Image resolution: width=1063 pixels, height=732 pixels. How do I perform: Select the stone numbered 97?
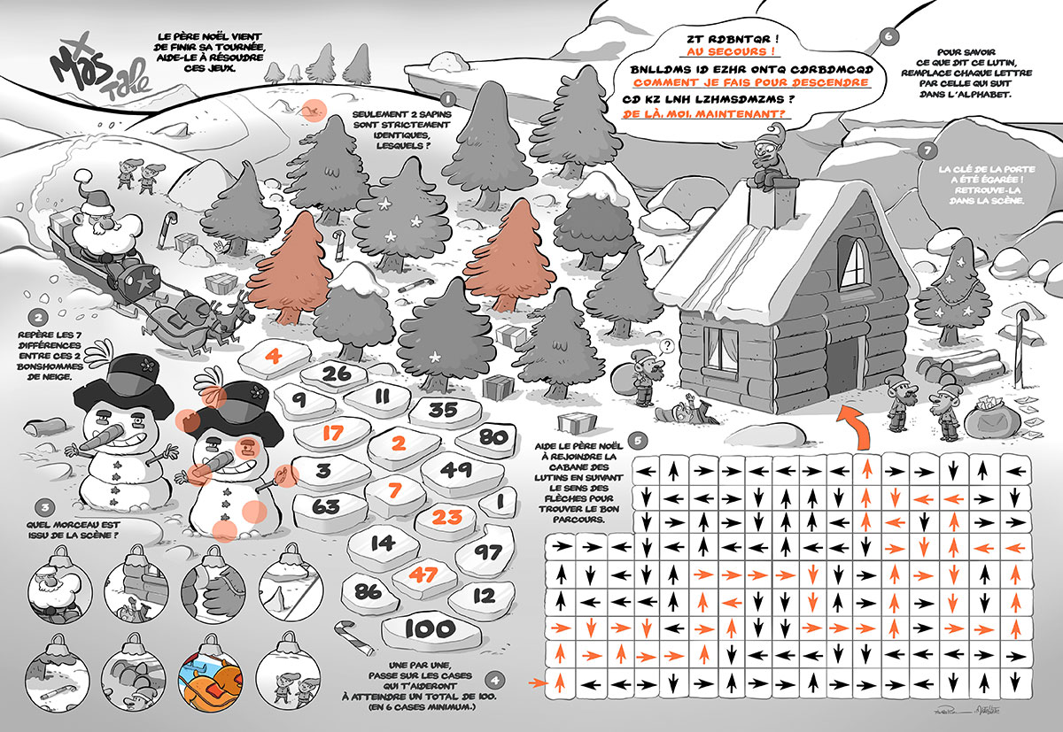[x=486, y=552]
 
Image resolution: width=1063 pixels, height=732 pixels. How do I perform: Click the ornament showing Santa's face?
[x=60, y=588]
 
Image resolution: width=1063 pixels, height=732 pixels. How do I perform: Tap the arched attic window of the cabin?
[x=855, y=263]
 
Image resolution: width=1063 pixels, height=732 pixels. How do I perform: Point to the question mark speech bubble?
[x=667, y=346]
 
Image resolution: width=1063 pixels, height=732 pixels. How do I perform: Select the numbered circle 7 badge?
[x=927, y=151]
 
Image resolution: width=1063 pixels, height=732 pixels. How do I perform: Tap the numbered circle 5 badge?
[x=638, y=441]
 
